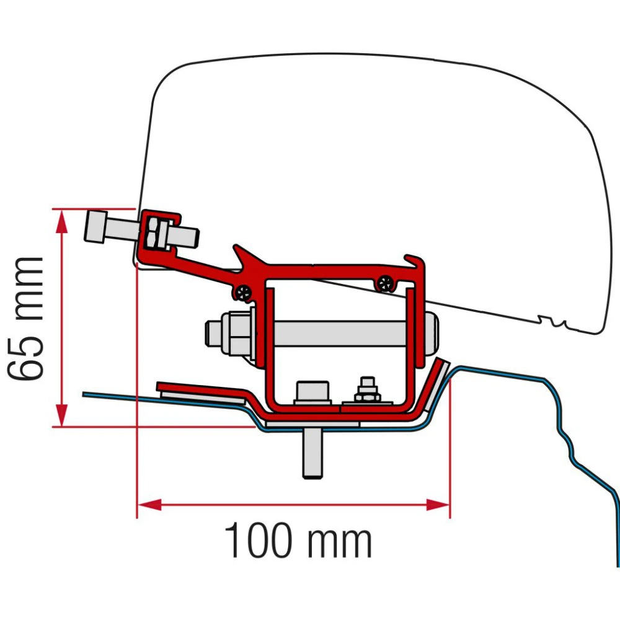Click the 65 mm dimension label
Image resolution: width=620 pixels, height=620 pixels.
(x=25, y=319)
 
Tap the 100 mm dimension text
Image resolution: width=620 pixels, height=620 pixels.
(x=298, y=540)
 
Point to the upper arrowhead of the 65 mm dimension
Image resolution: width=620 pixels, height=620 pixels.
(x=61, y=221)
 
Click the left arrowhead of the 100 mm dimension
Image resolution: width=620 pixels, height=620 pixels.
(x=149, y=505)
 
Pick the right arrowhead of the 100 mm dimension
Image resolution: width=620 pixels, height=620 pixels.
(x=438, y=505)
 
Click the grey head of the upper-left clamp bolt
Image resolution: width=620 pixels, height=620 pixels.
(x=95, y=226)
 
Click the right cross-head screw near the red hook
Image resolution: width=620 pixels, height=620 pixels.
(x=385, y=283)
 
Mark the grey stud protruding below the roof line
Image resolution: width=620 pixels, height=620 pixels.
(x=312, y=453)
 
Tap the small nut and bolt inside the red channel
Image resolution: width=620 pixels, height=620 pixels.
(x=367, y=391)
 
